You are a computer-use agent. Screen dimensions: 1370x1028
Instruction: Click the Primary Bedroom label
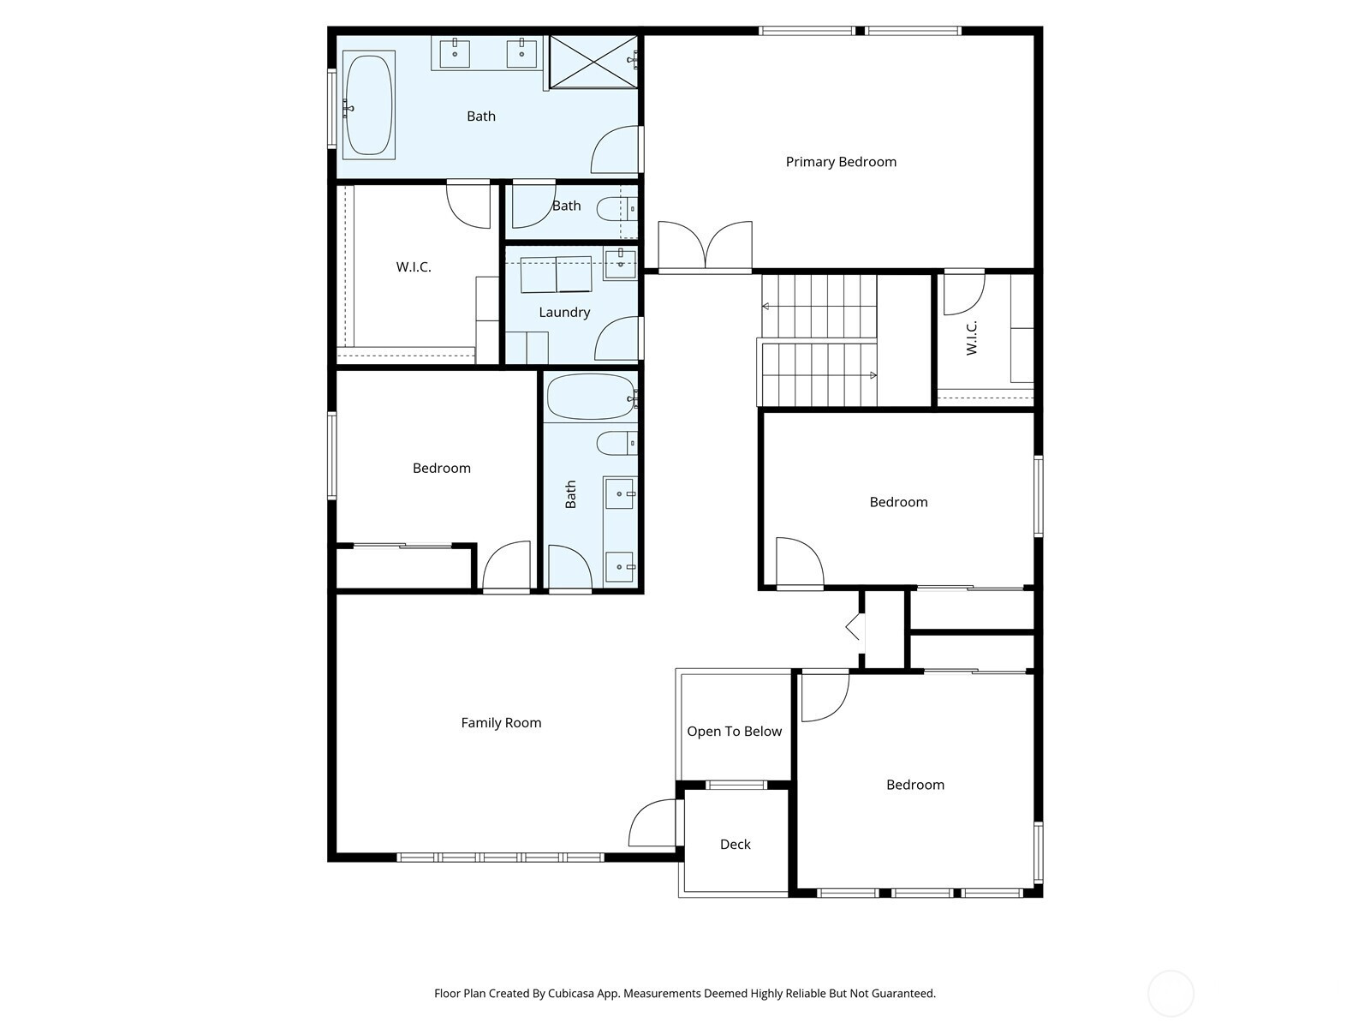(841, 162)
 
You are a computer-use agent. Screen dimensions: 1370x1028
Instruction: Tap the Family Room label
(501, 723)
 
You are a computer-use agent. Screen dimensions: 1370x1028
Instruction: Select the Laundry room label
(564, 312)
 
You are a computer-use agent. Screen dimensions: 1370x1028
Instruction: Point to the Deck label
(736, 845)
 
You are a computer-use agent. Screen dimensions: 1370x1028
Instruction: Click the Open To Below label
(734, 732)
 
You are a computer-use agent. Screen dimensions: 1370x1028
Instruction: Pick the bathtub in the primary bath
(369, 105)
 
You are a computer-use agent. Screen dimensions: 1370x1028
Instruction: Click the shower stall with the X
(593, 62)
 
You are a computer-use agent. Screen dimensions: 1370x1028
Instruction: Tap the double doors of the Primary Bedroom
(706, 246)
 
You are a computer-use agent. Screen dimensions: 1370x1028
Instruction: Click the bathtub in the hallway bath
(592, 397)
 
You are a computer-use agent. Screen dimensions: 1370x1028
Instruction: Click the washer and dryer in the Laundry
(556, 274)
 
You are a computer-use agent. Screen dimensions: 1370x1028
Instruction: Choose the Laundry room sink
(621, 263)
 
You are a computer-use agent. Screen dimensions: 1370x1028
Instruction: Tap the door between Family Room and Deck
(652, 824)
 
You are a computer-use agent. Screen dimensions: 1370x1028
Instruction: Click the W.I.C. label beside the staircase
(971, 338)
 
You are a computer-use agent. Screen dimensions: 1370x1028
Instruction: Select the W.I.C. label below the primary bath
(414, 267)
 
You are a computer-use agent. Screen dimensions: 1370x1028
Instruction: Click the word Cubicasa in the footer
(570, 993)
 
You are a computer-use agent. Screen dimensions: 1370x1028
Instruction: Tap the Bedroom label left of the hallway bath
(441, 468)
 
